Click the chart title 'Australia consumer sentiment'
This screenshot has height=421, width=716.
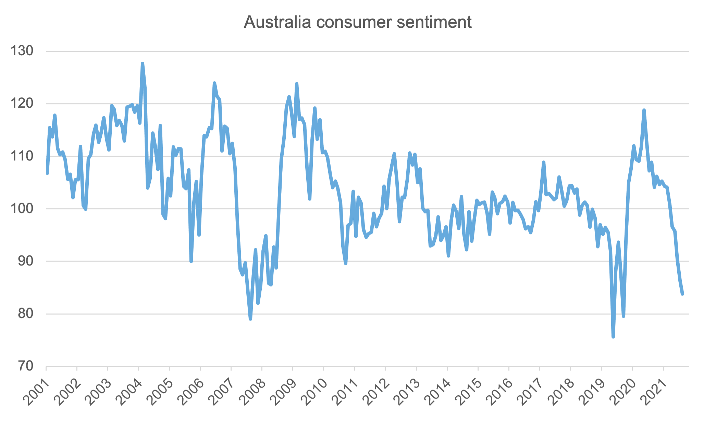tap(358, 22)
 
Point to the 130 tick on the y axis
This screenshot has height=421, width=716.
tap(22, 51)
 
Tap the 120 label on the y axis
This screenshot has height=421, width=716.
tap(22, 104)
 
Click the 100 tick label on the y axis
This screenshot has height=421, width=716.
tap(22, 208)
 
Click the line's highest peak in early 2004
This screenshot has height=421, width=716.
tap(142, 63)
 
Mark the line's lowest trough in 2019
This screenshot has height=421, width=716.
tap(613, 337)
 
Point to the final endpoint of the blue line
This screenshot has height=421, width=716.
tap(682, 294)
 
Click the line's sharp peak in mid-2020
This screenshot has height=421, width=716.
tap(644, 110)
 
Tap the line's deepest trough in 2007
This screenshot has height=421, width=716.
tap(250, 319)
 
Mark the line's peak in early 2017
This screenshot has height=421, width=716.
tap(543, 162)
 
